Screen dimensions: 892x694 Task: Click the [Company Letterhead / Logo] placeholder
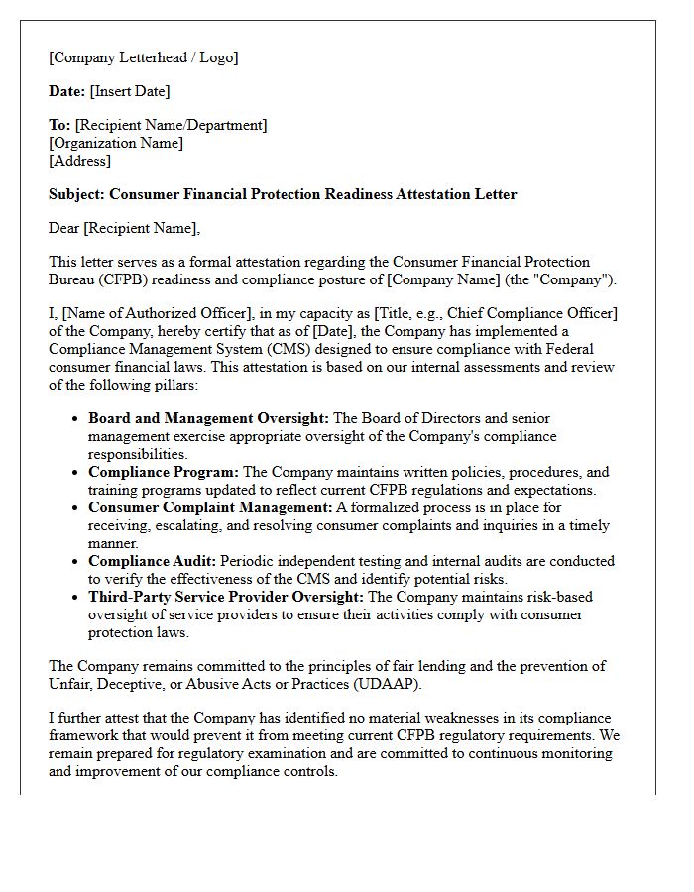[144, 57]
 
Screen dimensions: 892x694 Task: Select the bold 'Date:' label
[66, 91]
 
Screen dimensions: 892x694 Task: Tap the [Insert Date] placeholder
[130, 91]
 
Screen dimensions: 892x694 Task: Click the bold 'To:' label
[59, 125]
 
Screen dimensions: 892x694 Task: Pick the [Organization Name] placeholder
[116, 143]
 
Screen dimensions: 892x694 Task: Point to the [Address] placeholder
[80, 161]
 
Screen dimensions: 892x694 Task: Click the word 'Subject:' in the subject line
[77, 194]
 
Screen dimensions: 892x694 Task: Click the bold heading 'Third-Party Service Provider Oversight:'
[226, 597]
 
